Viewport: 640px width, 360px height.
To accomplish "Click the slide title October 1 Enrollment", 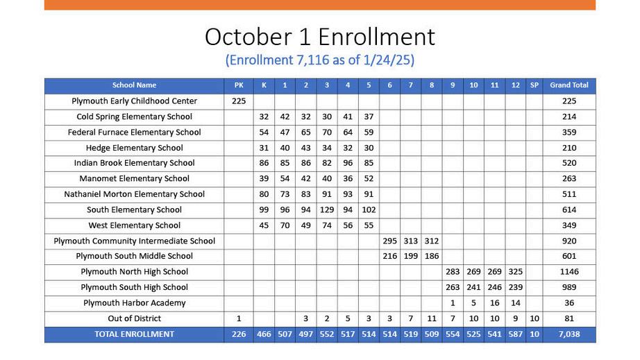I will click(x=319, y=36).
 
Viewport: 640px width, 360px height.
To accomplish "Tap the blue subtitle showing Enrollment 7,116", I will click(x=319, y=60).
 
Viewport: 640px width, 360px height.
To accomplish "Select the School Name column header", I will click(x=134, y=85).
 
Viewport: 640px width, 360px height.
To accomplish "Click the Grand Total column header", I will click(x=569, y=85).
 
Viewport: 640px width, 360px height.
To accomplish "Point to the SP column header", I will click(x=534, y=85).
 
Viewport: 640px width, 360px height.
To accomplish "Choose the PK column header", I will click(x=239, y=85).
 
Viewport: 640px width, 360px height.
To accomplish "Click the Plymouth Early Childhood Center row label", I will click(x=134, y=101).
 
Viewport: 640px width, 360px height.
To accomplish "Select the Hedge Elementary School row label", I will click(x=134, y=148).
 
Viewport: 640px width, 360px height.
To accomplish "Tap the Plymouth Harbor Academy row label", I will click(x=134, y=303).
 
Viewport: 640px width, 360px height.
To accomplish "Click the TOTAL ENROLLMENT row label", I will click(x=134, y=334).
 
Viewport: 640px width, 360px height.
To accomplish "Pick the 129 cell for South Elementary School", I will click(x=327, y=210).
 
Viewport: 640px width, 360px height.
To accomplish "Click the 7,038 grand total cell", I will click(x=569, y=334).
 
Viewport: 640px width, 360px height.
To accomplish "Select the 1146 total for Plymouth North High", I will click(x=569, y=272).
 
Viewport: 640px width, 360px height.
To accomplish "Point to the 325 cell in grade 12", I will click(x=515, y=272).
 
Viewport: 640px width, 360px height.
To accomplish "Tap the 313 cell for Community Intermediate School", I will click(x=411, y=241).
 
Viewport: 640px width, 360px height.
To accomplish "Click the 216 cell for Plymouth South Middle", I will click(x=389, y=257).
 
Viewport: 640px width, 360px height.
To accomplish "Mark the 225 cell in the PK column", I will click(x=239, y=101).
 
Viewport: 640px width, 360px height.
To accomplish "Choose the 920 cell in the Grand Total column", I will click(x=569, y=241).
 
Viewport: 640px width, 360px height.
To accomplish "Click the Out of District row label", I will click(x=134, y=319).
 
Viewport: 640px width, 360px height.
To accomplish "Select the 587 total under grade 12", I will click(x=515, y=334).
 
